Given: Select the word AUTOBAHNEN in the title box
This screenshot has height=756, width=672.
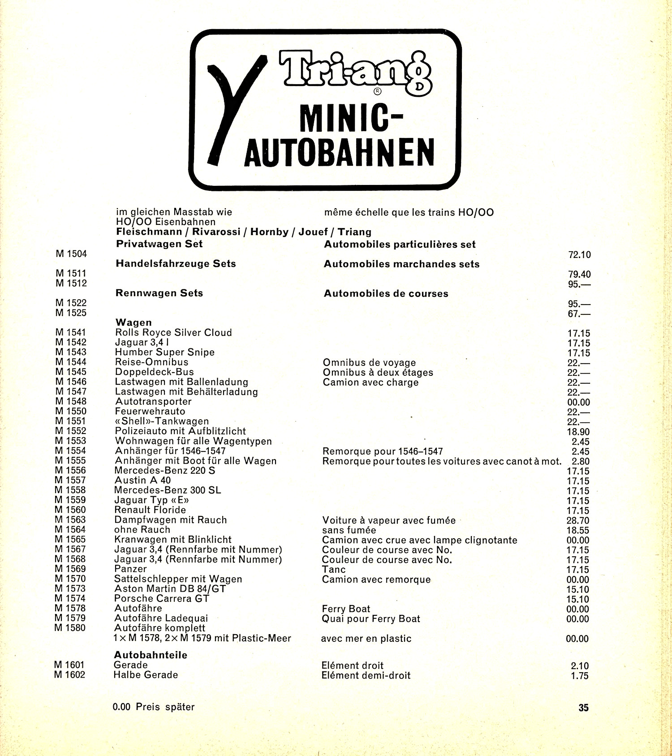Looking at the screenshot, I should (339, 152).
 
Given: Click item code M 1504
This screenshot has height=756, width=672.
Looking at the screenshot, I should (71, 254).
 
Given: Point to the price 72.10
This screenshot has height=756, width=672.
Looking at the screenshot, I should (579, 255).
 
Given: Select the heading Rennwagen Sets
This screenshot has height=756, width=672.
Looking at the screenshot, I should (159, 293).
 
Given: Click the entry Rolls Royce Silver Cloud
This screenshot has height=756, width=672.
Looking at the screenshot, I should (173, 333).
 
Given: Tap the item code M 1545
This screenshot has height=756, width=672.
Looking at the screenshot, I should (71, 372).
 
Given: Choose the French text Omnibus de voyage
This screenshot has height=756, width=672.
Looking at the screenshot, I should (369, 363).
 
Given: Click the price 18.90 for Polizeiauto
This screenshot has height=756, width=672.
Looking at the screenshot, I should (578, 432).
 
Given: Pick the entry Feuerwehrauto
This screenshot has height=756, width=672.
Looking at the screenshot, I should (150, 412).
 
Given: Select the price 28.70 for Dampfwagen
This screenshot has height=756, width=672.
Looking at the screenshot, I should (578, 521).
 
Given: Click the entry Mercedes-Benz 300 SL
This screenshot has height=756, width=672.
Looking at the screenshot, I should (168, 490).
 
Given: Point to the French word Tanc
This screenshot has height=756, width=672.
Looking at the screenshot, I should (334, 570).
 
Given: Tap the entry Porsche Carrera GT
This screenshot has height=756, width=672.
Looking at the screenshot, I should (161, 599).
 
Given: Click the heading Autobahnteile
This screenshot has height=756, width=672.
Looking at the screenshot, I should (151, 655).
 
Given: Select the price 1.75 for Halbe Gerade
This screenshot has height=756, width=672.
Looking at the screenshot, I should (580, 676).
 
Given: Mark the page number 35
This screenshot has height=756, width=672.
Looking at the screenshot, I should (583, 708).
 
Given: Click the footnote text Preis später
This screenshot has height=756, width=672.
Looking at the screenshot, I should (165, 707).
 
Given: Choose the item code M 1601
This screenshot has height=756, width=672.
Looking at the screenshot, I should (69, 665).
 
